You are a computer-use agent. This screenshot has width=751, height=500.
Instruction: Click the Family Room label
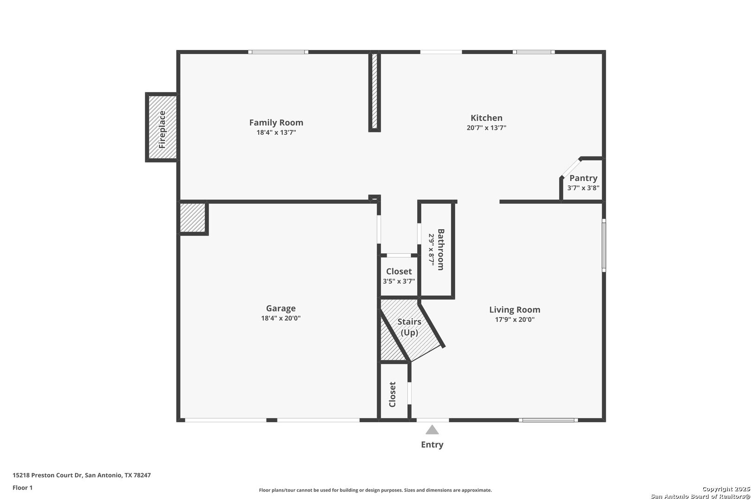(276, 123)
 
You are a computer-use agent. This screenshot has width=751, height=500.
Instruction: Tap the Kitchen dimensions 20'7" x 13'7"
(486, 128)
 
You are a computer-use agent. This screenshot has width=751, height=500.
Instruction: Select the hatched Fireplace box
(163, 127)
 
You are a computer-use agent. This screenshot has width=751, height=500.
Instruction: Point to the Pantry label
(583, 178)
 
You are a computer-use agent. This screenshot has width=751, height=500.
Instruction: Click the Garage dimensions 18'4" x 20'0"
(280, 318)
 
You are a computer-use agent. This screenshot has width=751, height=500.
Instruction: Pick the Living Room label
(515, 310)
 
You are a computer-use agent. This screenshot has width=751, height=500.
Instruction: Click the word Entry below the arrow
(432, 444)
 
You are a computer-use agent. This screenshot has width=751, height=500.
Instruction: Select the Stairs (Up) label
(409, 327)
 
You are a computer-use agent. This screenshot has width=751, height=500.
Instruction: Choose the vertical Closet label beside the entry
(392, 394)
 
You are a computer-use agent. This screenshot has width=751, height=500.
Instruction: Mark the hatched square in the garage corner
(193, 217)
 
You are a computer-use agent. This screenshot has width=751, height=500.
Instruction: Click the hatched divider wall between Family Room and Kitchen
(375, 91)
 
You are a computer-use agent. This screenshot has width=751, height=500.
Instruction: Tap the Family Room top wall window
(278, 52)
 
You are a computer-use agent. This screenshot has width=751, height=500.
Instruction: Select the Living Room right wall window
(604, 245)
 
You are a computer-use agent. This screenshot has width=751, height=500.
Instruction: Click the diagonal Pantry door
(571, 168)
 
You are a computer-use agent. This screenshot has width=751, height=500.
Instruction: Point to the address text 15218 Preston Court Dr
(47, 475)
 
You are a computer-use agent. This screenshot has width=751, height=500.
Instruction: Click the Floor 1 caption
(22, 487)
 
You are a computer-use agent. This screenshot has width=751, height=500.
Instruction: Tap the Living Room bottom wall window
(548, 420)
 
